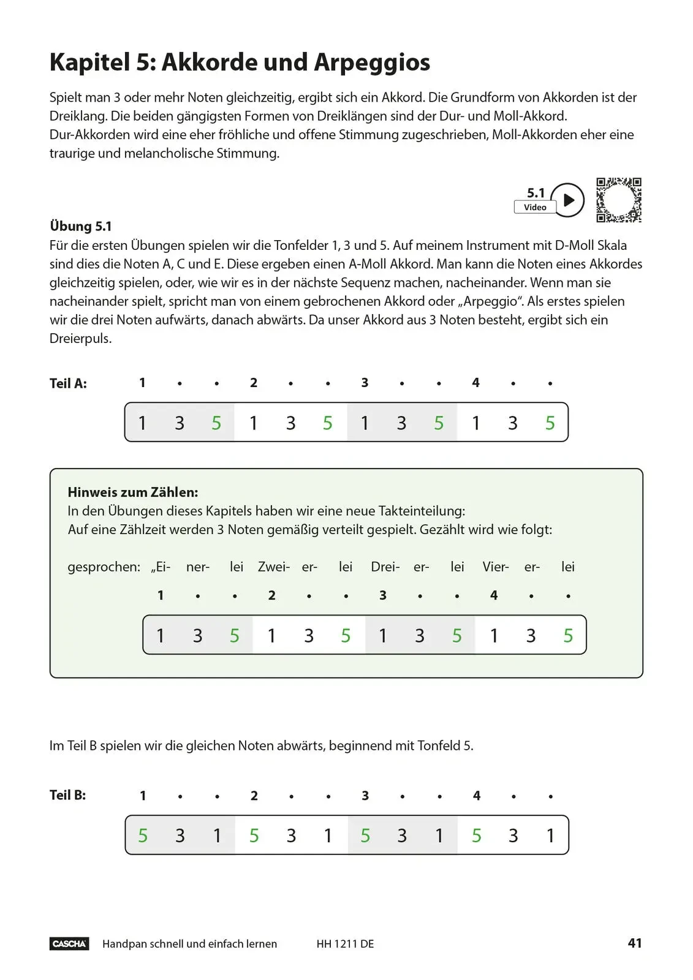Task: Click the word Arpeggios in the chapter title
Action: point(372,62)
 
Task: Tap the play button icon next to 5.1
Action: point(568,200)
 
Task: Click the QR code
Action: point(619,200)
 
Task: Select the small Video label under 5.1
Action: point(535,208)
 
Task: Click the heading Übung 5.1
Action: point(81,227)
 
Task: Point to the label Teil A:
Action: point(68,383)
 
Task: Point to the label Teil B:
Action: point(67,795)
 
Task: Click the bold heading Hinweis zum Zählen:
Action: point(133,492)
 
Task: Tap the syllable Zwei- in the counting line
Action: point(273,567)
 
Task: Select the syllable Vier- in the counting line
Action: point(495,567)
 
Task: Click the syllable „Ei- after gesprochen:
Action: point(161,567)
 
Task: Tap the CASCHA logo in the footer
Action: point(69,944)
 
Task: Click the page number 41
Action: point(635,943)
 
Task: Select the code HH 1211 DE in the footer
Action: point(345,944)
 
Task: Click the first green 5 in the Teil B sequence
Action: point(143,835)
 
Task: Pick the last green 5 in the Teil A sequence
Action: point(550,423)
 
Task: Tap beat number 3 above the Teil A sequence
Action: point(365,383)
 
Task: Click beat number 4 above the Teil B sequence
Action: point(477,796)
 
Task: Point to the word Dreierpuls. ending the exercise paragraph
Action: point(81,339)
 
